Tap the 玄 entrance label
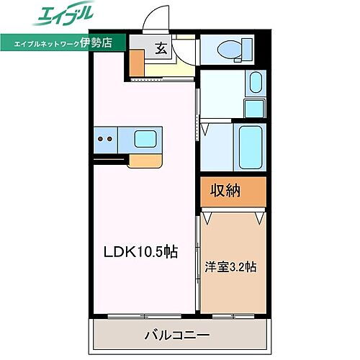pos(160,49)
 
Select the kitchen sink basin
pos(147,138)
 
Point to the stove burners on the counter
pos(104,139)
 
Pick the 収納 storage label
pos(227,190)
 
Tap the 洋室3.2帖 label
pos(230,266)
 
